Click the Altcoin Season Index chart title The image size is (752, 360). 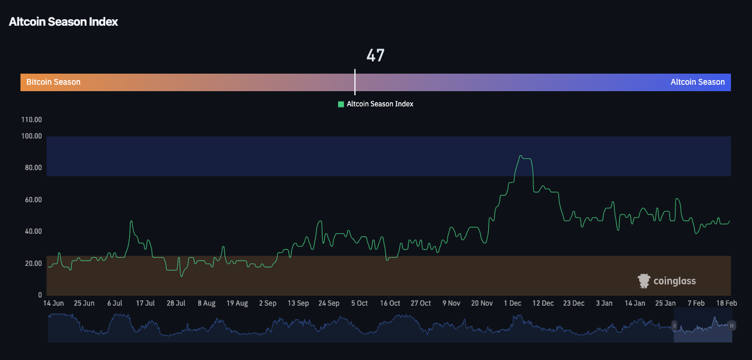(63, 22)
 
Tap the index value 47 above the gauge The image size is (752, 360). (375, 56)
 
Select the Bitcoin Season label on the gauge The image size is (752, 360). (53, 82)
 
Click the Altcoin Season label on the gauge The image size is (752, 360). (697, 82)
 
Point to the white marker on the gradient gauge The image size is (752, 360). (355, 82)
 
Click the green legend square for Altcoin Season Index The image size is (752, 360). (341, 104)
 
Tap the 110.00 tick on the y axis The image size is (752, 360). (32, 120)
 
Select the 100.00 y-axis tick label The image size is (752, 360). (32, 136)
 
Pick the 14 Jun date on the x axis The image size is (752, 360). (54, 303)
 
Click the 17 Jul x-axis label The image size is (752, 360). (145, 303)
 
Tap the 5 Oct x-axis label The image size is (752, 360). (359, 303)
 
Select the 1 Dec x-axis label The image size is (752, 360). (512, 303)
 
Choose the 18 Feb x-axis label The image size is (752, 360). (726, 303)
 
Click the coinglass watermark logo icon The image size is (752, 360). (644, 281)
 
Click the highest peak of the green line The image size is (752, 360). (521, 156)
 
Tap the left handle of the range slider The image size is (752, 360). (674, 326)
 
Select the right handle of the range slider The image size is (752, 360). (732, 326)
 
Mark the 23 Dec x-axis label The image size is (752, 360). (574, 303)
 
